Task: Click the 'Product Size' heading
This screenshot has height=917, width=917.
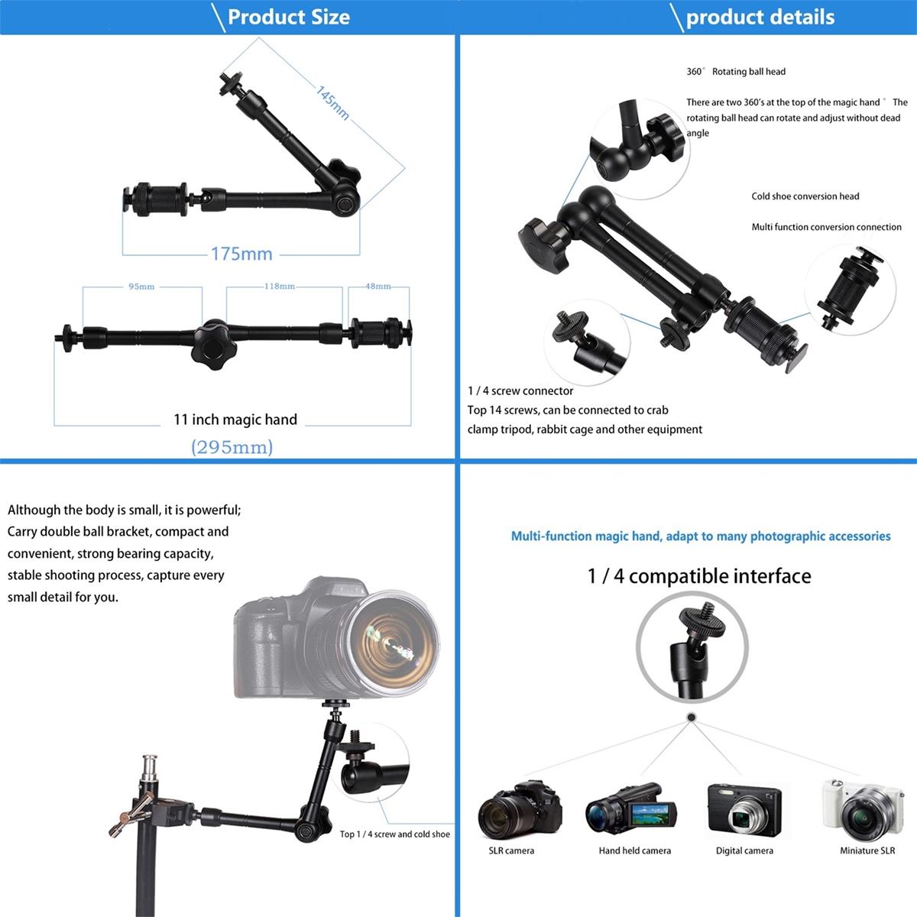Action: [x=288, y=17]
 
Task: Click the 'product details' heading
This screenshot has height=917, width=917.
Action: [x=760, y=17]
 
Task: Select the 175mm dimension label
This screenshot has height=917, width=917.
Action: [x=241, y=254]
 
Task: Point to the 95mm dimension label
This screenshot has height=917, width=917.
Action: [x=141, y=287]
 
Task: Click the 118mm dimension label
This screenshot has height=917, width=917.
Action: [x=280, y=287]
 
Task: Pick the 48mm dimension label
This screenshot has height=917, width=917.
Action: [x=377, y=287]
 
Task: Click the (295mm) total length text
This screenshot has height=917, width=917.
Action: [x=232, y=447]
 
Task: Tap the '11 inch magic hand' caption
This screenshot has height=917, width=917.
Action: [x=235, y=420]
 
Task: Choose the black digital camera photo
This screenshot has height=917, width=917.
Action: [x=744, y=810]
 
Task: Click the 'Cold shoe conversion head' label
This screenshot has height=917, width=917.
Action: [x=805, y=196]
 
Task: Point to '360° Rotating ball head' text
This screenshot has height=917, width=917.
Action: [x=736, y=72]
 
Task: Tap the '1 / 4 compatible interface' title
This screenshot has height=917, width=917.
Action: [x=699, y=576]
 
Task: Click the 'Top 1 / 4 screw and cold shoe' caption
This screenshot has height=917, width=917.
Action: [x=394, y=834]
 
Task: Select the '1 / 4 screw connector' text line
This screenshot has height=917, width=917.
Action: [x=520, y=391]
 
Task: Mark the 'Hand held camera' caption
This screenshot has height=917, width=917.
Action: [x=634, y=851]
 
